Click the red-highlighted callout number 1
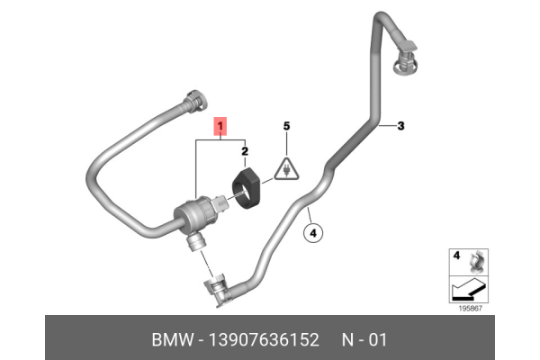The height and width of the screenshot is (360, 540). (x=220, y=127)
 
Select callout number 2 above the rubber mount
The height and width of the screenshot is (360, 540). (x=245, y=153)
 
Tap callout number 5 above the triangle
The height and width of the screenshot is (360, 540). (x=286, y=127)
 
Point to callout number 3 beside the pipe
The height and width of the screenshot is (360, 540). (x=400, y=126)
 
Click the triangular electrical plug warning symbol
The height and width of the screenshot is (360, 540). (x=286, y=170)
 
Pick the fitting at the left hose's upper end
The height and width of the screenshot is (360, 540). (x=196, y=100)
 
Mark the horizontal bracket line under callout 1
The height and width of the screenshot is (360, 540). (x=220, y=141)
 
